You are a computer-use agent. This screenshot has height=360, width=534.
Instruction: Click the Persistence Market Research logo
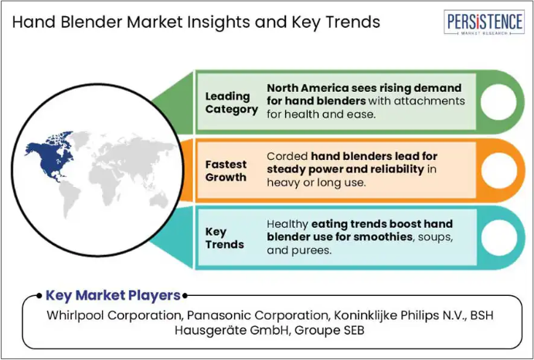(484, 22)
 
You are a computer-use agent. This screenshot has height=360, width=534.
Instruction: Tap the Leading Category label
(231, 103)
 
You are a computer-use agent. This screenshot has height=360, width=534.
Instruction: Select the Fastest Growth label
(226, 171)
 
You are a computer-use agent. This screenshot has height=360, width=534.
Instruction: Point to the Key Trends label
(224, 238)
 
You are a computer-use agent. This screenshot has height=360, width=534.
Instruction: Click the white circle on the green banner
(498, 102)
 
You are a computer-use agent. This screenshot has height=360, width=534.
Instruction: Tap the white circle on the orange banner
(498, 171)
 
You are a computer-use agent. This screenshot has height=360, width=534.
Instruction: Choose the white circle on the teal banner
(498, 238)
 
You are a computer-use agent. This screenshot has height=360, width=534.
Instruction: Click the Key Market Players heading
(113, 295)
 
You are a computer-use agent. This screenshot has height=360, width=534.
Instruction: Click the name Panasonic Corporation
(258, 315)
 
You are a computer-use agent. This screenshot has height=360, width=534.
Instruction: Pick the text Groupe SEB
(330, 331)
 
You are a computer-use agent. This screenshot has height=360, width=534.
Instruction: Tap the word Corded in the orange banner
(287, 156)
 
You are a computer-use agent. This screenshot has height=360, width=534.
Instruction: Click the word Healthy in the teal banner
(287, 225)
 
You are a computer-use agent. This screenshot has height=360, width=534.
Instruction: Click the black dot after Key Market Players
(185, 296)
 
